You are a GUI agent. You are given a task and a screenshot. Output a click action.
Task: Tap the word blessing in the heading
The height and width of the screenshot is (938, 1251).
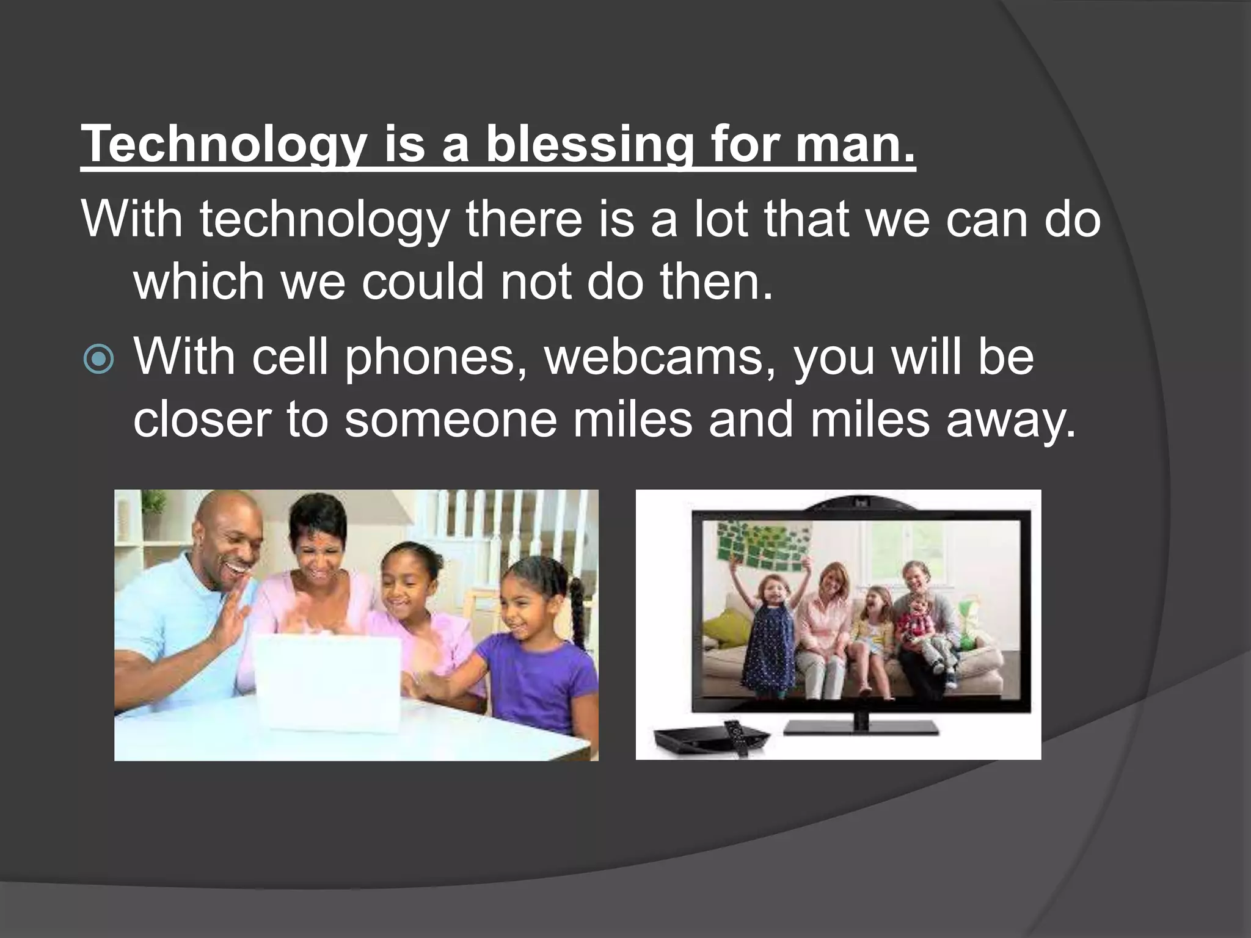(589, 145)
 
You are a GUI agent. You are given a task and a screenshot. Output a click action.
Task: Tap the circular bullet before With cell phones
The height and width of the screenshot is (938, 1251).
(98, 360)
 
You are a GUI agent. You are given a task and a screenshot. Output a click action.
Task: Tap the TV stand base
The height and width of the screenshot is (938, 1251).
(861, 726)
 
